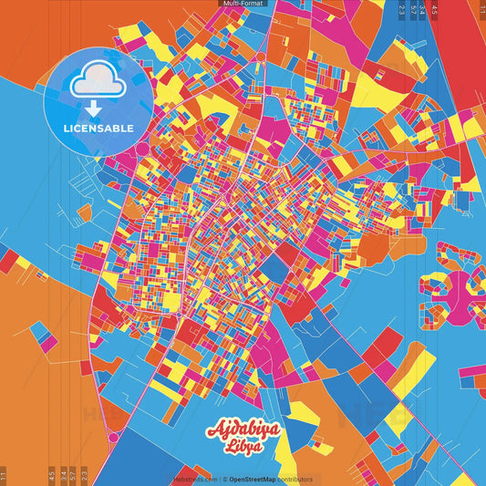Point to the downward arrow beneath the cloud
93,109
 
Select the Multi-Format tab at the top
243,4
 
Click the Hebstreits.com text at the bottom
195,478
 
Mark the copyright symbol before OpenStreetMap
224,478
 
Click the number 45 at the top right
435,10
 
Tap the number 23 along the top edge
402,10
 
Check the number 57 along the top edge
413,10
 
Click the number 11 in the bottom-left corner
4,476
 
